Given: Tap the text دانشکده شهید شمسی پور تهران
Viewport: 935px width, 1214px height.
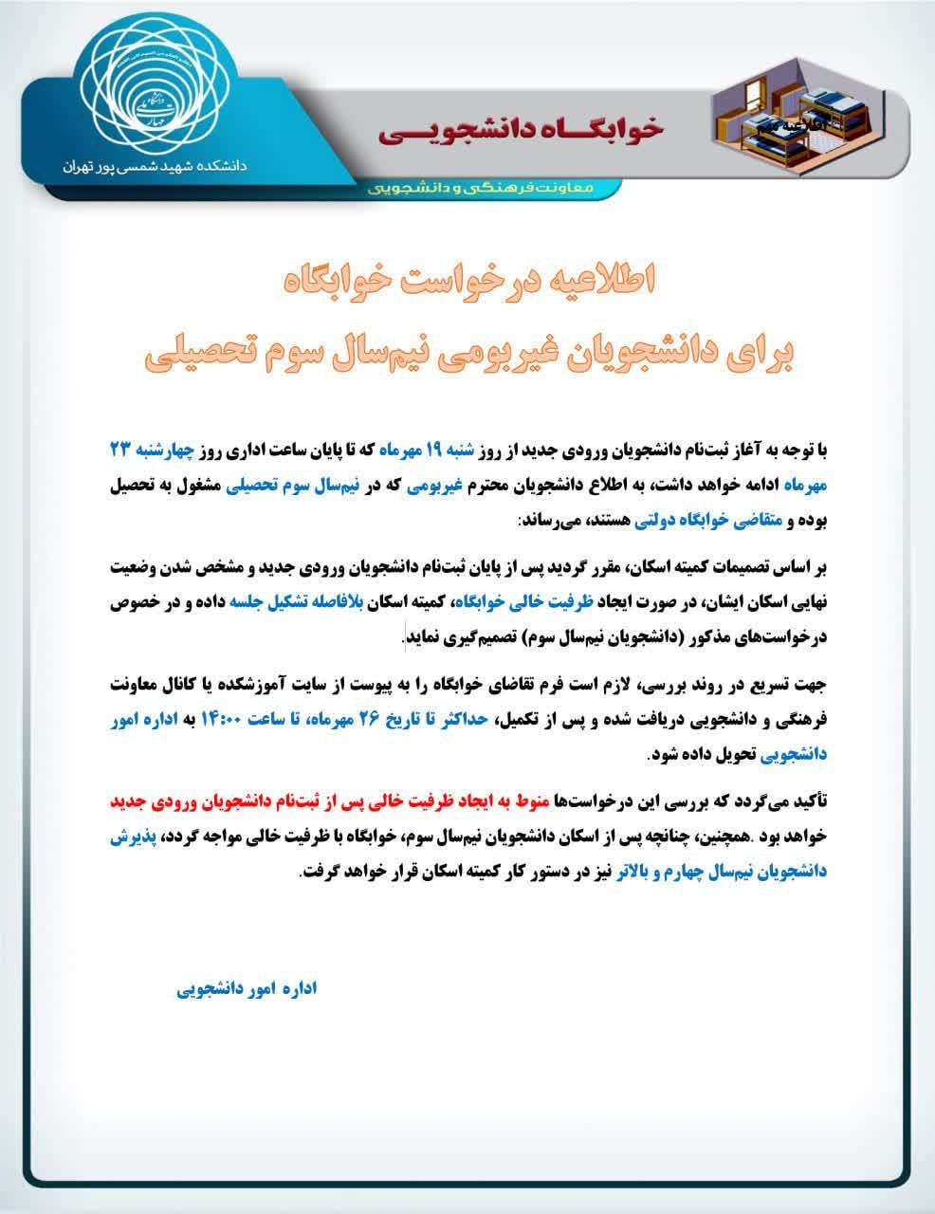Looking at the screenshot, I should [153, 165].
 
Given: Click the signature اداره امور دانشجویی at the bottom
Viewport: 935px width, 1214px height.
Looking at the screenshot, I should [247, 988].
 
